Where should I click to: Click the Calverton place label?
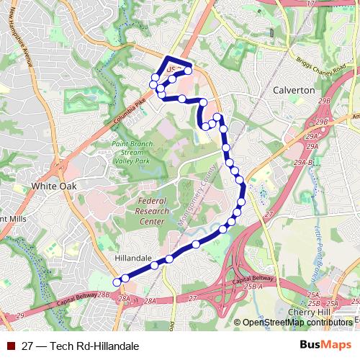pos(294,91)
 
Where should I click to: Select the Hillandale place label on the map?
pos(132,257)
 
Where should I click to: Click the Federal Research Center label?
pos(152,211)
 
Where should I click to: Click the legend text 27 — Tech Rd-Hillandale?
pos(81,346)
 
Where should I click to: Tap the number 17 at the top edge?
pos(310,4)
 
